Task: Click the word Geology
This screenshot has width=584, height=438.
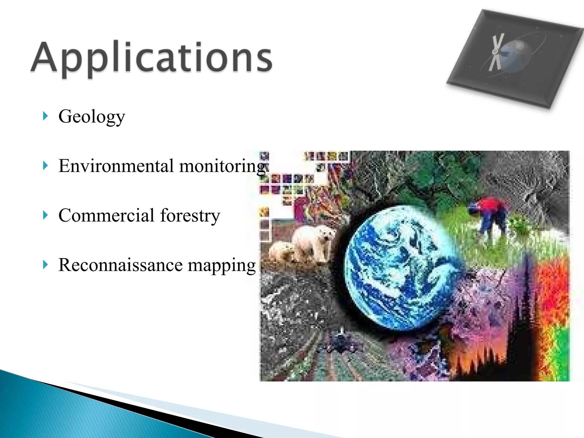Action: (92, 117)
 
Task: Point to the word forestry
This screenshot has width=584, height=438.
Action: (190, 215)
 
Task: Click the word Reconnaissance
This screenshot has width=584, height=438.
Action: (120, 265)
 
